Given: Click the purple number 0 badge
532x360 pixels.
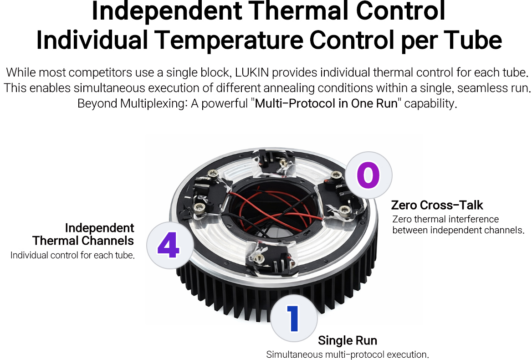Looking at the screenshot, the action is tap(368, 175).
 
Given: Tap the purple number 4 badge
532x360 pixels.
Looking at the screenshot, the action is tap(170, 245).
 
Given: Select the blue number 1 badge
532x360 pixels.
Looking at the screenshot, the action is tap(294, 318).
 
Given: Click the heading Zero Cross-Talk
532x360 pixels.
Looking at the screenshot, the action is tap(437, 205).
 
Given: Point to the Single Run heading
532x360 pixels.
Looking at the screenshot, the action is tap(348, 340).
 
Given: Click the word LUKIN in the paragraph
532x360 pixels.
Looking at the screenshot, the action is tap(252, 72).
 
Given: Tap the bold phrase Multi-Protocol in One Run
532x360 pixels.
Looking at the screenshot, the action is tap(326, 103).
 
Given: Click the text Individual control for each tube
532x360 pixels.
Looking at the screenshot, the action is tap(72, 255).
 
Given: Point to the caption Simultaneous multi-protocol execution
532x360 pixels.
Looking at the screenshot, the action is tap(348, 355).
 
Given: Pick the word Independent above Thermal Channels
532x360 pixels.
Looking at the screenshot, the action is tap(100, 228).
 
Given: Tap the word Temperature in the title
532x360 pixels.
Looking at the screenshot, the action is tap(229, 40).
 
